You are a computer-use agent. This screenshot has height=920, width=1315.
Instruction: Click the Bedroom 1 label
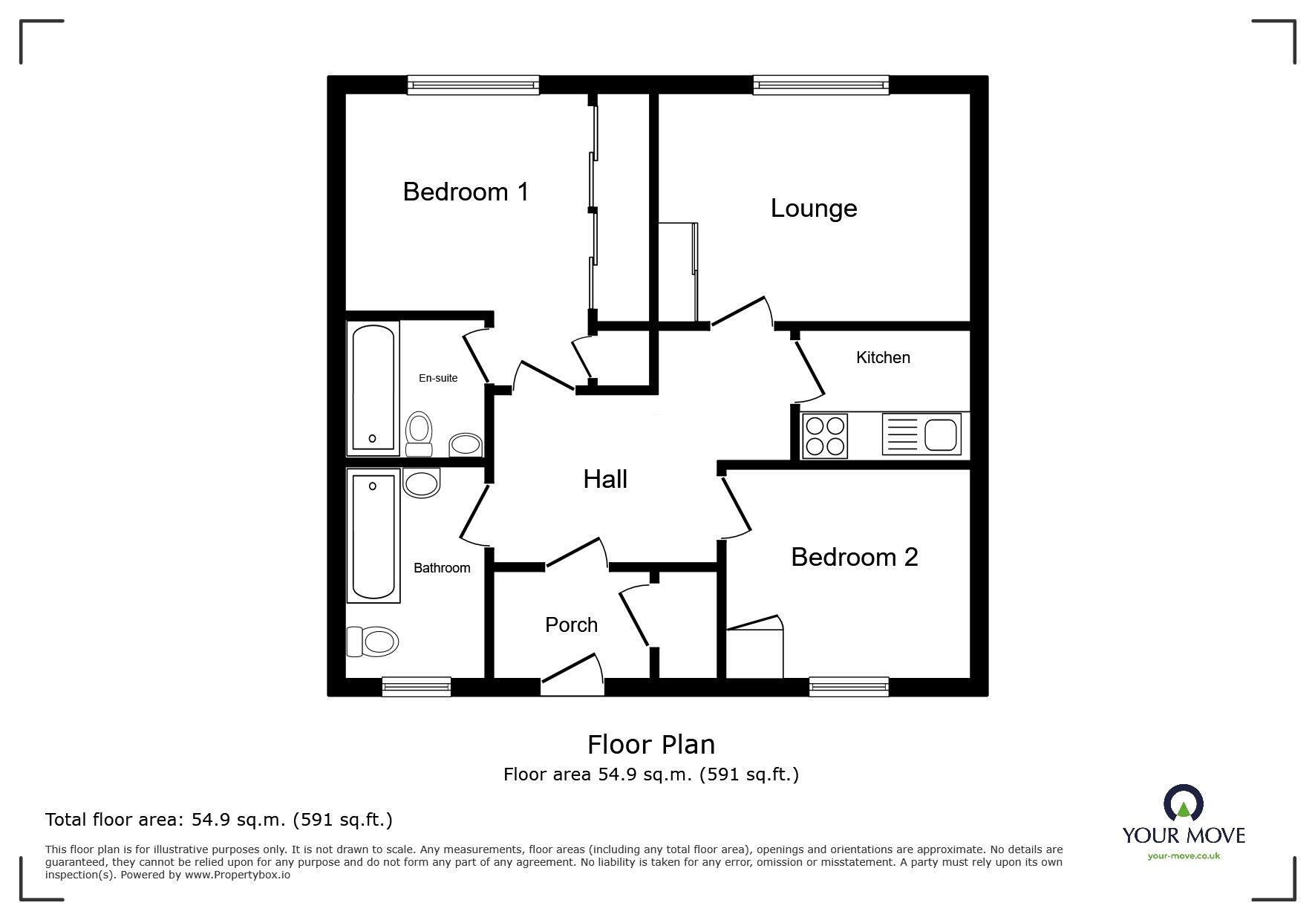point(466,192)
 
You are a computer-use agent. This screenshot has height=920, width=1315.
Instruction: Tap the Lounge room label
point(814,208)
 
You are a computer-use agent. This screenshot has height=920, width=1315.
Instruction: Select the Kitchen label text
point(883,358)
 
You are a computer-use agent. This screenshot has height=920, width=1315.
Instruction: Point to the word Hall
point(605,480)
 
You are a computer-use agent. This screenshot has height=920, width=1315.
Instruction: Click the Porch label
point(571,625)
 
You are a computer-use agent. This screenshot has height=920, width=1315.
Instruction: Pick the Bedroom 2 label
point(854,557)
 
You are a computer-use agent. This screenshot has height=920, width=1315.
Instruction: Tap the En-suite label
point(438,378)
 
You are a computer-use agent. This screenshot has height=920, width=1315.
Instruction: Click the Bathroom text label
point(442,568)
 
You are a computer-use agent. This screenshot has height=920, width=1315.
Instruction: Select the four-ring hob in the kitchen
point(825,436)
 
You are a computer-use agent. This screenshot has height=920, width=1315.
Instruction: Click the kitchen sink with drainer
point(921,434)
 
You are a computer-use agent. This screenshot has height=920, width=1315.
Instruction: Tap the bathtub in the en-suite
point(373,388)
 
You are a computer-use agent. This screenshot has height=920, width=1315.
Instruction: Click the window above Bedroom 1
point(473,85)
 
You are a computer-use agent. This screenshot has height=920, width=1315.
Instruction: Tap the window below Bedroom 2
point(849,686)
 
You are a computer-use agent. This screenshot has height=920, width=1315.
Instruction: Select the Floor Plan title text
point(651,744)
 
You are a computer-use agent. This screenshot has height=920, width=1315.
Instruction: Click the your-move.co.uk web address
point(1184,856)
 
